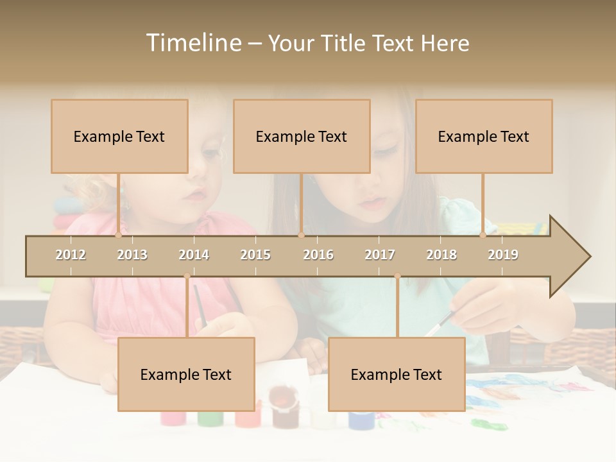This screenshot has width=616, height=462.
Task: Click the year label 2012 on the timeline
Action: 71,255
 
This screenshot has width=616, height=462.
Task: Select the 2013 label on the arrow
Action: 132,255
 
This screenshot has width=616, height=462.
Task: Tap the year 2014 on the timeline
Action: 194,255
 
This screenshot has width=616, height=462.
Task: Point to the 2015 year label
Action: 255,255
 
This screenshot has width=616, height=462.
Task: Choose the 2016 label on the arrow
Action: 318,255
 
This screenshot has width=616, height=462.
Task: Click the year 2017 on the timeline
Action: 380,255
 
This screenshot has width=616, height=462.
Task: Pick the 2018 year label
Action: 441,255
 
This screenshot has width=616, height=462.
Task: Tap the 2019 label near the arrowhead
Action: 503,255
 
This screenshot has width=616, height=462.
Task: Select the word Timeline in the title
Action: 193,43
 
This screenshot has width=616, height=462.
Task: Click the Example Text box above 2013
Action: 119,137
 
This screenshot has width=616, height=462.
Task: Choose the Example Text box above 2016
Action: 302,137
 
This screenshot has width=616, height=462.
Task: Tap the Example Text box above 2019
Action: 484,137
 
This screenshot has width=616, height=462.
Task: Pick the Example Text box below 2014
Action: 186,375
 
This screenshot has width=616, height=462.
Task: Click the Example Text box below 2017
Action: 397,375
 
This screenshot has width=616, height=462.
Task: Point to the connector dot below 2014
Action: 187,276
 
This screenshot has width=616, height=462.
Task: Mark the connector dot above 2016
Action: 301,235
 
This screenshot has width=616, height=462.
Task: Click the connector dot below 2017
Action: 397,276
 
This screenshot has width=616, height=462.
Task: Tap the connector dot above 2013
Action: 118,235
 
